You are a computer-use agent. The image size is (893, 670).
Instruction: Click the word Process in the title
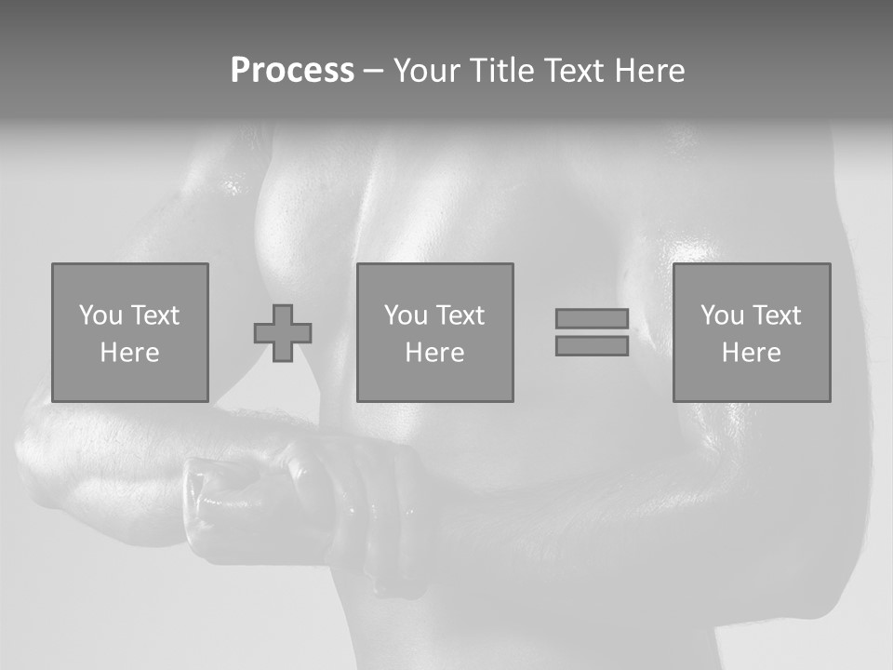point(292,71)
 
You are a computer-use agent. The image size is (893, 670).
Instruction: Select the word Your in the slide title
point(427,71)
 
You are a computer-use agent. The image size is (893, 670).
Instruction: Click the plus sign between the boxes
point(283,332)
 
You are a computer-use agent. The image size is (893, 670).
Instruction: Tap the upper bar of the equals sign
point(592,318)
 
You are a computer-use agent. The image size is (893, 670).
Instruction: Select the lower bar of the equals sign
point(592,345)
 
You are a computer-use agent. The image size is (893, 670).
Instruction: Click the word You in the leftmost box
point(100,315)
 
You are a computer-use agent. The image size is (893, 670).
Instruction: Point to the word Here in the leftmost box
point(129,353)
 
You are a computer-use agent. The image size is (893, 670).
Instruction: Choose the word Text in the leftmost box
point(153,315)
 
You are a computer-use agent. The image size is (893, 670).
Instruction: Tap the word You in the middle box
point(406,315)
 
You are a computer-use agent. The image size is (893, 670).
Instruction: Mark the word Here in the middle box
point(434,353)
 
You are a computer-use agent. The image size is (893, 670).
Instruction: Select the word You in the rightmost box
point(722,315)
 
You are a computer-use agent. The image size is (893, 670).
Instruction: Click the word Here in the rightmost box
point(751,353)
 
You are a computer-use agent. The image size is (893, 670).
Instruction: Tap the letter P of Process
point(241,71)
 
